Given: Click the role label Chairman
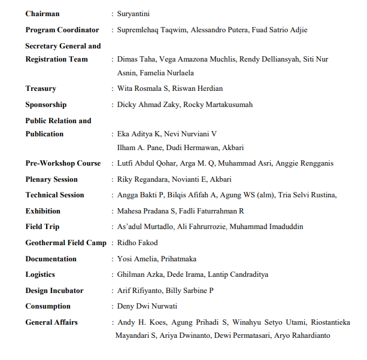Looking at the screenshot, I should (43, 13).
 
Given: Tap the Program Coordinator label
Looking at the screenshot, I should (62, 29).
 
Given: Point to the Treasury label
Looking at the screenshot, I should (41, 89).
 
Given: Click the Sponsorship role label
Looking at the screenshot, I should (46, 105).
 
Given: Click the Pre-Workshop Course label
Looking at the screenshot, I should (63, 163).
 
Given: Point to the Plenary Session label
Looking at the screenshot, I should (51, 179).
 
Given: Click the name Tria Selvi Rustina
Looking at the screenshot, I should (308, 195).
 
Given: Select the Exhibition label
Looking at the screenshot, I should (43, 211).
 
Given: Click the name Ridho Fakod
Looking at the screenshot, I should (138, 243).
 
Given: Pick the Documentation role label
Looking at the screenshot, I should (51, 259).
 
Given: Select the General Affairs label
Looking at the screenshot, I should (51, 322).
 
